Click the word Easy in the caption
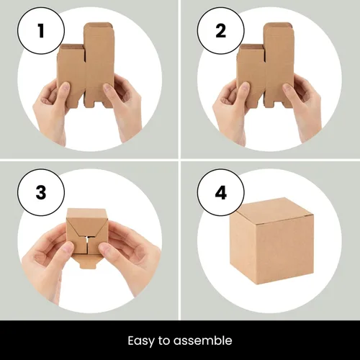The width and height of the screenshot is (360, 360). coord(142,340)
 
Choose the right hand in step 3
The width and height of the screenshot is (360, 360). coord(130,256)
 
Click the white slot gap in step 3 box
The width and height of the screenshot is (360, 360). coord(86,241)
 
